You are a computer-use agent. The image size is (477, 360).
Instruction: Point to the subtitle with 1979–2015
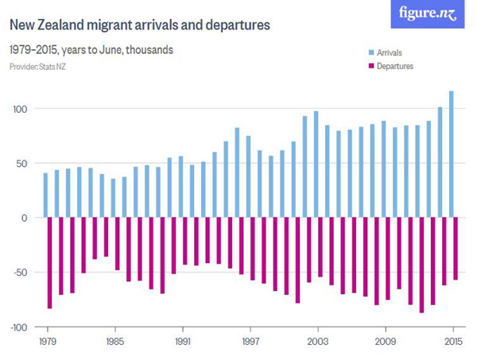click(91, 49)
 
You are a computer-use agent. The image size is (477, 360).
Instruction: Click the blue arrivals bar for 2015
click(452, 154)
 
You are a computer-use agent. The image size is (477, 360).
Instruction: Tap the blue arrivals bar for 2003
click(316, 165)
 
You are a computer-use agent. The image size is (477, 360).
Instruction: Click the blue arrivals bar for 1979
click(45, 195)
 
